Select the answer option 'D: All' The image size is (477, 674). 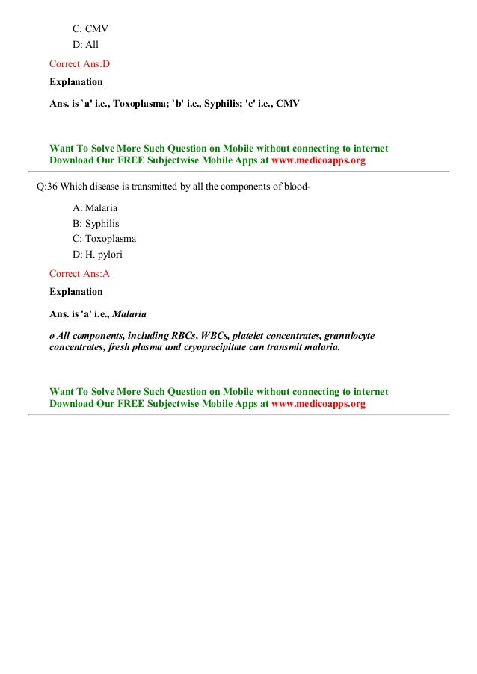click(x=85, y=45)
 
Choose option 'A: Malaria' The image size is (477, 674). click(x=95, y=207)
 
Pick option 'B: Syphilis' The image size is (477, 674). click(x=96, y=223)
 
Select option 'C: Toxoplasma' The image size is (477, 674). click(x=104, y=239)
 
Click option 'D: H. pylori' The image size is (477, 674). click(x=97, y=255)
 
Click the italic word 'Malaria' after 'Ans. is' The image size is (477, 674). click(x=129, y=313)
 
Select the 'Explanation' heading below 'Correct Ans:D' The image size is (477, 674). click(x=76, y=81)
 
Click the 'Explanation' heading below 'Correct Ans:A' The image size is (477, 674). click(x=76, y=291)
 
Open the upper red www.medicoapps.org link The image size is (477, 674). click(x=318, y=160)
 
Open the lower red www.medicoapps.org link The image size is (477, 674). click(x=318, y=404)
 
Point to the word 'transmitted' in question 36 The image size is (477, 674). click(x=142, y=186)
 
